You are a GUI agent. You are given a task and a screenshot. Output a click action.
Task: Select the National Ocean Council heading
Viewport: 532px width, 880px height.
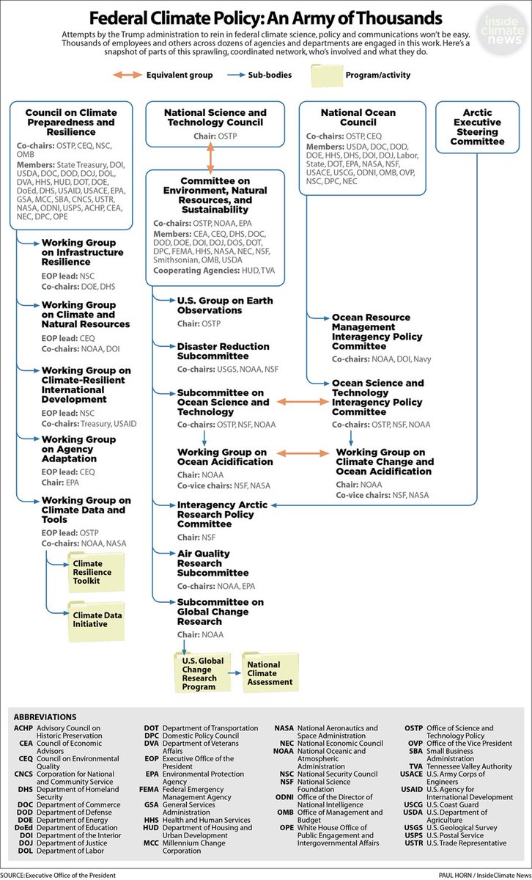click(x=358, y=118)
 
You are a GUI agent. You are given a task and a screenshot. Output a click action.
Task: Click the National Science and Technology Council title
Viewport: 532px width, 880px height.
click(x=215, y=118)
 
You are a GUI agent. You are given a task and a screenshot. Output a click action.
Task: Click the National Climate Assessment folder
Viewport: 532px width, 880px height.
click(x=273, y=673)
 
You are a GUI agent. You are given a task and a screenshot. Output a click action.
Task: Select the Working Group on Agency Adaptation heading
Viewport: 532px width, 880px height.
click(x=78, y=449)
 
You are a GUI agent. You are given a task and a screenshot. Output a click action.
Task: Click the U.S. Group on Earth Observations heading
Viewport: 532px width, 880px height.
click(x=225, y=305)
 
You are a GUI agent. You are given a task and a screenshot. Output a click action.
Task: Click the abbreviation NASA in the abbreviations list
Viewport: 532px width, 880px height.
click(x=284, y=728)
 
